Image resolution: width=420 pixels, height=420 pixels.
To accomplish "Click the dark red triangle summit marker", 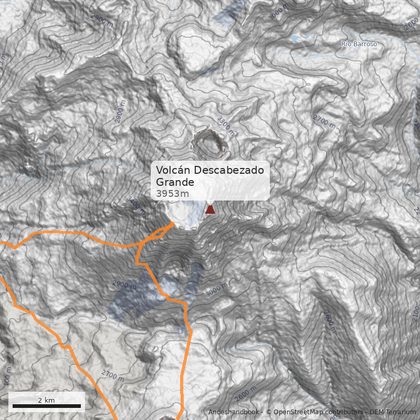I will pos(211,209).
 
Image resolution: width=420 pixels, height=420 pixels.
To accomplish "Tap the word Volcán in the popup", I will pos(173,171).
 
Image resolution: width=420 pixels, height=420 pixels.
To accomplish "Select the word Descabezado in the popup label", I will pos(228,171).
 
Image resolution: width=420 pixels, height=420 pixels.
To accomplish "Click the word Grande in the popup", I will pos(175,182).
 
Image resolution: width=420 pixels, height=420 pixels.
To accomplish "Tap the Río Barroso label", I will pos(359,44).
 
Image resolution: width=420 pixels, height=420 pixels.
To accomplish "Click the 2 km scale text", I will pos(46,400).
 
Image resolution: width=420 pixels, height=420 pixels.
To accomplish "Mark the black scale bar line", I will pos(46,406).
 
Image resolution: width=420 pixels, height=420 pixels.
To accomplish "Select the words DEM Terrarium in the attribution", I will pos(392,412).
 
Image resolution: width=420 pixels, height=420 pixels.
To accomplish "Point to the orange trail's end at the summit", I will pos(173,224).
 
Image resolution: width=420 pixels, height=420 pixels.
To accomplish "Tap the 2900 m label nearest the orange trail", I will pos(124,285).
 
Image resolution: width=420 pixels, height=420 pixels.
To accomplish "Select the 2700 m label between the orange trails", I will pos(113,375).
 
